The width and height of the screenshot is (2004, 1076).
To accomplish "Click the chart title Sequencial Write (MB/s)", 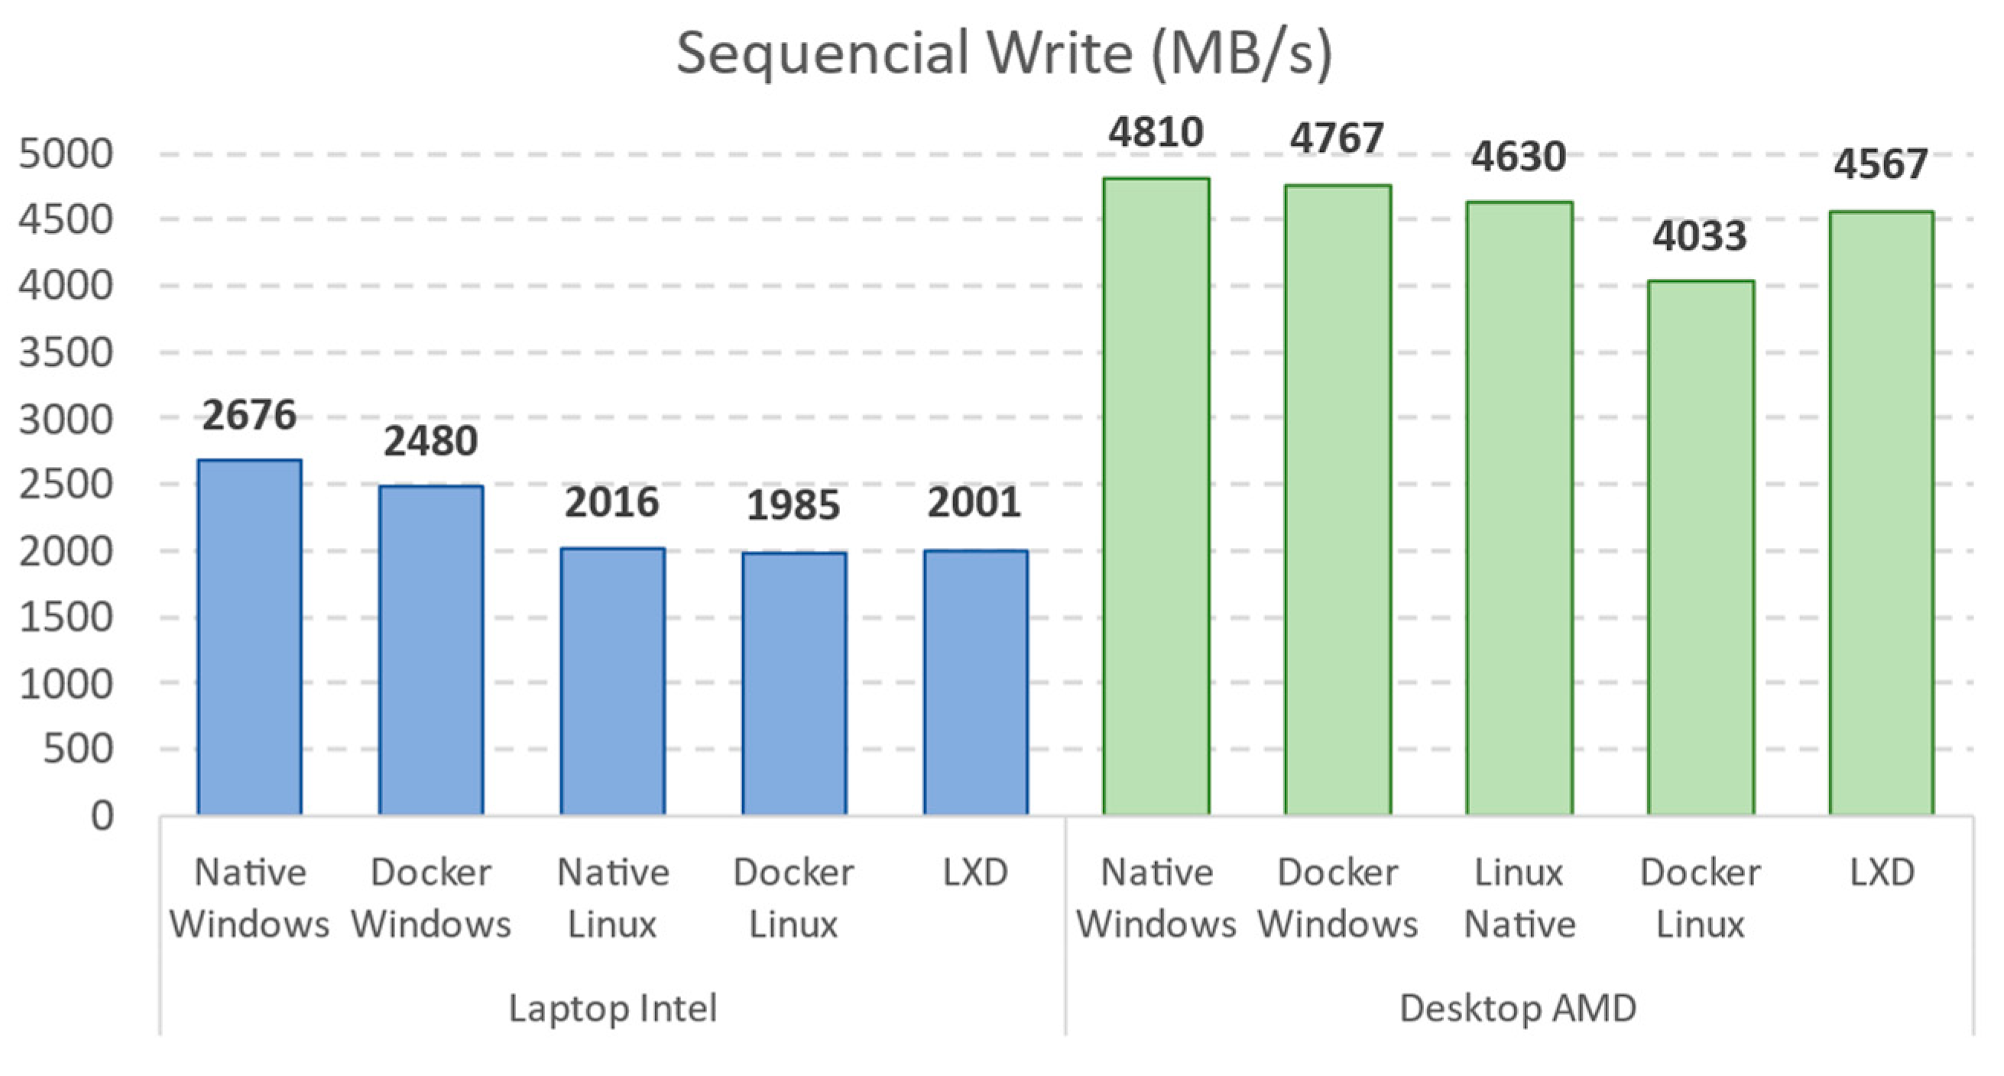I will click(x=1004, y=53).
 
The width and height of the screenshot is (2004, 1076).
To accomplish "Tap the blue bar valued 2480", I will click(x=431, y=650).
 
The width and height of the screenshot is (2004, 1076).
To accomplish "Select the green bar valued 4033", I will click(x=1701, y=548).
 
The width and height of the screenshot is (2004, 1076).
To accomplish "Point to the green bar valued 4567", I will click(x=1881, y=513).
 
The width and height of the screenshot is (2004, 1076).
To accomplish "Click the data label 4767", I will click(x=1338, y=138).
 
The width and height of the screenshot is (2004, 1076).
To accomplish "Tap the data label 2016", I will click(x=612, y=503).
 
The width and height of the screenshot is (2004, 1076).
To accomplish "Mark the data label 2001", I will click(x=974, y=503).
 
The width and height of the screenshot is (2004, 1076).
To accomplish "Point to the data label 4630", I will click(x=1518, y=157).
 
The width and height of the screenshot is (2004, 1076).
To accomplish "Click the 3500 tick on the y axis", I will click(x=66, y=352).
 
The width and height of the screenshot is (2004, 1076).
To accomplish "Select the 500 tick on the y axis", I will click(x=78, y=749).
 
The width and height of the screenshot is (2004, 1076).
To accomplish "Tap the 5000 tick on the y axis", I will click(x=66, y=154).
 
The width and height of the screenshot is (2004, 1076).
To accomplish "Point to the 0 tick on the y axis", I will click(x=102, y=816).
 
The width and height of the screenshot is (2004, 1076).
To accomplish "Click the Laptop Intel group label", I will click(x=612, y=1008).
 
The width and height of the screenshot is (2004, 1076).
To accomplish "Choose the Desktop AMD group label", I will click(x=1518, y=1008).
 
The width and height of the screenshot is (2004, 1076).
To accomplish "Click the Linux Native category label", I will click(x=1519, y=898).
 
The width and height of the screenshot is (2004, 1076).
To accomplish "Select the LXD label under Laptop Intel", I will click(x=974, y=872).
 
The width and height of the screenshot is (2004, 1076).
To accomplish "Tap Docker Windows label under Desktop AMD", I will click(x=1338, y=898).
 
